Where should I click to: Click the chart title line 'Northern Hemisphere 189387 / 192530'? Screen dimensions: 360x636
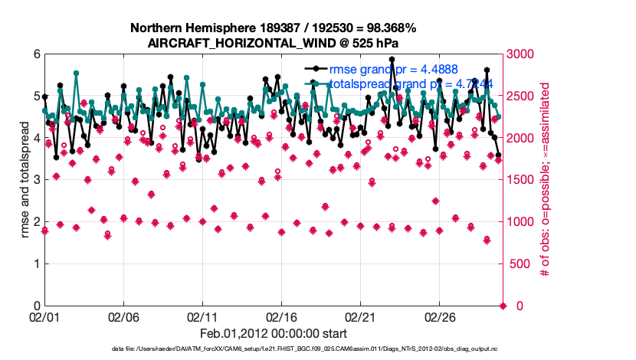pyautogui.click(x=274, y=28)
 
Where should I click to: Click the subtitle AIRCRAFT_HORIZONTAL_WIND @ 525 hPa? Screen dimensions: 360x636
pyautogui.click(x=274, y=43)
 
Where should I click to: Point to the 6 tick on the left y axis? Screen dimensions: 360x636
pyautogui.click(x=36, y=54)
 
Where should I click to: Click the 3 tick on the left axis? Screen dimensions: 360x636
pyautogui.click(x=36, y=180)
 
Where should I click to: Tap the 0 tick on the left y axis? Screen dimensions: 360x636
pyautogui.click(x=36, y=306)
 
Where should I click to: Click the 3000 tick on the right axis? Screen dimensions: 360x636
pyautogui.click(x=522, y=54)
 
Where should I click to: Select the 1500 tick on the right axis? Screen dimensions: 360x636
pyautogui.click(x=522, y=180)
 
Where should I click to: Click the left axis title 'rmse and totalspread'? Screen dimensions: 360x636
pyautogui.click(x=25, y=180)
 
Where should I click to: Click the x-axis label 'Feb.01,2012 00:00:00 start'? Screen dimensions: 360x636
pyautogui.click(x=274, y=333)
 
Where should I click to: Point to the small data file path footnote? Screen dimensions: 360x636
pyautogui.click(x=274, y=349)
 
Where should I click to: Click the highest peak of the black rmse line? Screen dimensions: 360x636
pyautogui.click(x=392, y=59)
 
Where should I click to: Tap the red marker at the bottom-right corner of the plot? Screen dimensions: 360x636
pyautogui.click(x=503, y=306)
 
